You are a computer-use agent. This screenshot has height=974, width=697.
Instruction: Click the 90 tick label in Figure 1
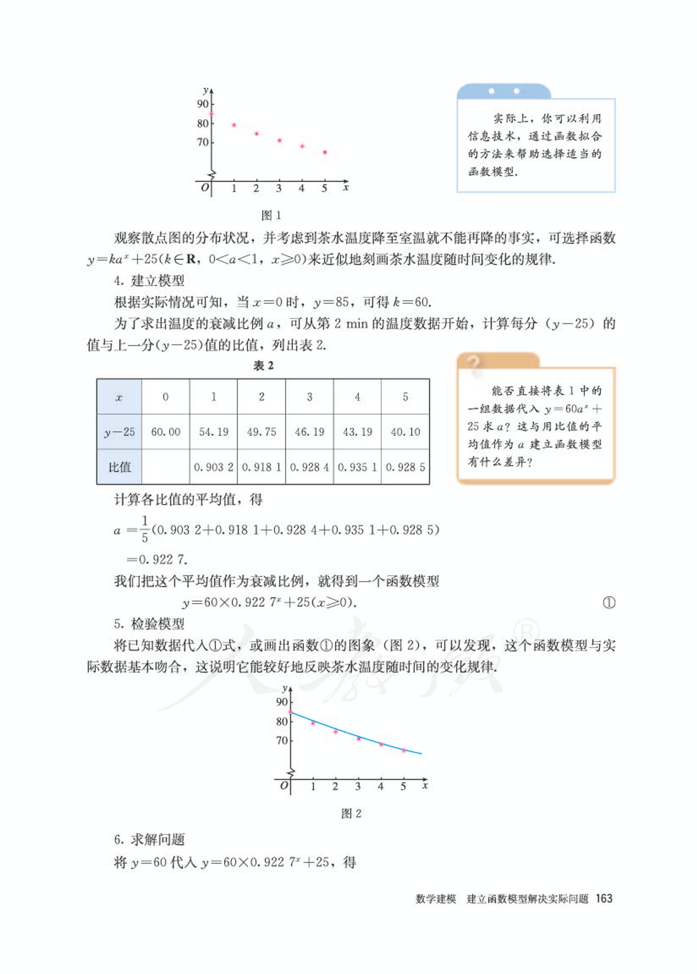point(203,104)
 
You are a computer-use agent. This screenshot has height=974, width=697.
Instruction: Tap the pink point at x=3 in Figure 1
point(279,141)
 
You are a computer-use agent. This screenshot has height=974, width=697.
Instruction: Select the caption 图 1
point(271,215)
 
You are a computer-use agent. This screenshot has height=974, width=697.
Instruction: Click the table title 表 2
point(263,366)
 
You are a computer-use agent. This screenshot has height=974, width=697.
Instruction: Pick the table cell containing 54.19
point(213,432)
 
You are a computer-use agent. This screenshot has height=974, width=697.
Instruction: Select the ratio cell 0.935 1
point(357,467)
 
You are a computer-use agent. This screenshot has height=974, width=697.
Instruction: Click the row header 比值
point(119,467)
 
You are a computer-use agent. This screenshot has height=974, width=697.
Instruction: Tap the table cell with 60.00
point(166,432)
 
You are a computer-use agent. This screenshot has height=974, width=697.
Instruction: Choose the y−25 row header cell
point(119,432)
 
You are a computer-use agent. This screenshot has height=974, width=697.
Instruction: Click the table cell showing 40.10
point(405,432)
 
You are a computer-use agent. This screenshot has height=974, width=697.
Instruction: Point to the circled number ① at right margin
point(609,603)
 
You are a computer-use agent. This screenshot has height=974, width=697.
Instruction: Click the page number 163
point(604,899)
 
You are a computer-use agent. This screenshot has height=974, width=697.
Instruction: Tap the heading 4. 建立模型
point(149,280)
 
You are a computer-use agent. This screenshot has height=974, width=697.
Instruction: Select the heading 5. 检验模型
point(149,624)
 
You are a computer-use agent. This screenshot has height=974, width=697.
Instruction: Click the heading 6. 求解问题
point(149,840)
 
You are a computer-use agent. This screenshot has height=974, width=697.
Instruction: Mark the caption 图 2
point(351,814)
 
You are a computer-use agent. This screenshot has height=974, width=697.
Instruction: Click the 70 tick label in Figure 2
point(282,741)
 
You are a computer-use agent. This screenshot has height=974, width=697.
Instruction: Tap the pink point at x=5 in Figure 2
point(404,750)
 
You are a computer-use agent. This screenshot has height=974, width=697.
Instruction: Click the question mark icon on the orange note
point(474,362)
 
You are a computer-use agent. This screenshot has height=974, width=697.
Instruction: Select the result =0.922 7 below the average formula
point(157,559)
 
